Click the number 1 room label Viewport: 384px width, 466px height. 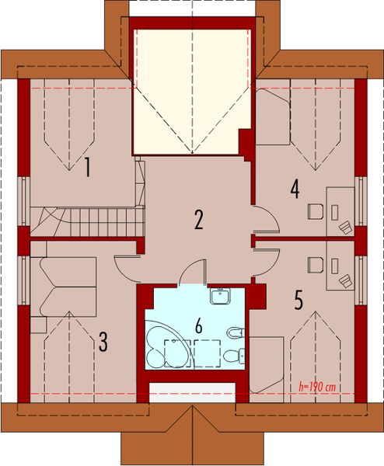tap(89, 167)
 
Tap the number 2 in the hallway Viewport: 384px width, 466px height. tap(199, 220)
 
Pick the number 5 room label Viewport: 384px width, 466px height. tap(299, 300)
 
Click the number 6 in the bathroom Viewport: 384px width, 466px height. tap(199, 326)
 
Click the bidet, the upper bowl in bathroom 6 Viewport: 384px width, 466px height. tap(235, 335)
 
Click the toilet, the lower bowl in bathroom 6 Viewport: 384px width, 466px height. tap(235, 357)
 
